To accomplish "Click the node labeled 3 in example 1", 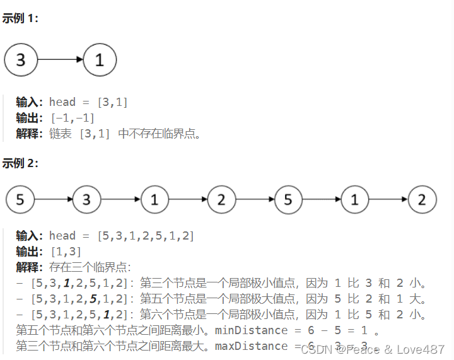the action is (21, 60).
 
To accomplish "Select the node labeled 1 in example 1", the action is (100, 60).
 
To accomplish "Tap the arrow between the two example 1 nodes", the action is (61, 60).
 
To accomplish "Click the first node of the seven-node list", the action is (20, 200).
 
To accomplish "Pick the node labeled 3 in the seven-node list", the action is (87, 200).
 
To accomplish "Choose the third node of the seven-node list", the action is (154, 200).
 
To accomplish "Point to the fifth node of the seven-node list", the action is (288, 200).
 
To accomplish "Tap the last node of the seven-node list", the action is (422, 200).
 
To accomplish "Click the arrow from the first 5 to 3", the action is (54, 200).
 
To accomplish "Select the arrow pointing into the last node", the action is (388, 200).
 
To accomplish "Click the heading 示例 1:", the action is (20, 18).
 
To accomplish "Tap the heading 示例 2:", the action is (20, 163).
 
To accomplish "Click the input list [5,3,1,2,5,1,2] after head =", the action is (146, 236).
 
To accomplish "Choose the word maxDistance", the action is (252, 346).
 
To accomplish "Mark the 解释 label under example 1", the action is (29, 134).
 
